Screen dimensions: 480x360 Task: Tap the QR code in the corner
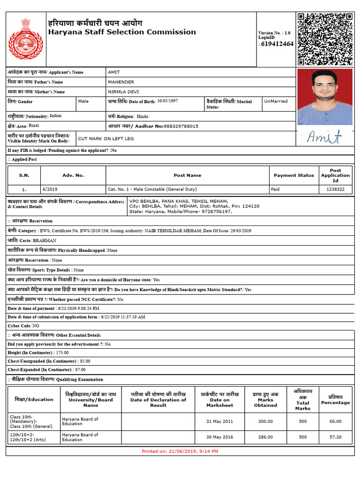pos(324,39)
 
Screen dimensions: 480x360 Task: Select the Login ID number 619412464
pos(277,44)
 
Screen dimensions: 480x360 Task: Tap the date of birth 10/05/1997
pos(167,101)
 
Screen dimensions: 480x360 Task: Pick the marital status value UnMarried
pos(276,101)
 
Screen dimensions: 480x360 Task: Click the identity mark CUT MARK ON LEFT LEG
pos(106,139)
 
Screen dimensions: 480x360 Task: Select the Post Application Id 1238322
pos(335,189)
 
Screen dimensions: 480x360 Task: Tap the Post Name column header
pos(187,175)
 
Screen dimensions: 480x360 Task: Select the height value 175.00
pos(62,352)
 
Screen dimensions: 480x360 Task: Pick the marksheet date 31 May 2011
pos(219,421)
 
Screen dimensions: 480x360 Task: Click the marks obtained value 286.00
pos(265,437)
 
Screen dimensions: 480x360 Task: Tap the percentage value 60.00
pos(335,421)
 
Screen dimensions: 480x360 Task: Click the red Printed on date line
pos(180,451)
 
